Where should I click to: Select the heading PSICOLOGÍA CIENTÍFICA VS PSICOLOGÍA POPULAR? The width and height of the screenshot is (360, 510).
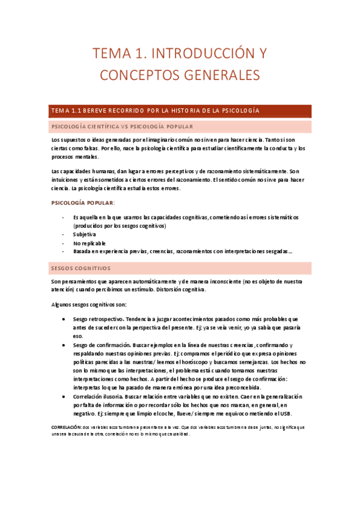[122, 127]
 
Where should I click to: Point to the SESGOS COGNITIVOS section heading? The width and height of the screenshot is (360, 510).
[81, 268]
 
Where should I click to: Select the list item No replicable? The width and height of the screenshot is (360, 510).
[90, 243]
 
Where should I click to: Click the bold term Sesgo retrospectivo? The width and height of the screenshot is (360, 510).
[98, 319]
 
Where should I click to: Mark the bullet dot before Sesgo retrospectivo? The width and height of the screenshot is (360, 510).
[64, 319]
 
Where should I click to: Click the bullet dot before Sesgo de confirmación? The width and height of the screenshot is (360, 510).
[64, 345]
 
